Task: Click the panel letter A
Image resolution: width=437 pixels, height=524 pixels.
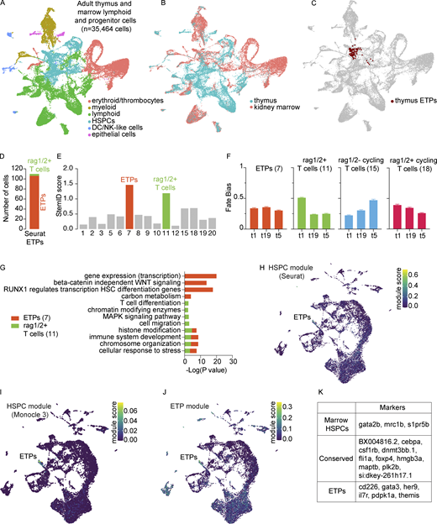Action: click(x=5, y=5)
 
